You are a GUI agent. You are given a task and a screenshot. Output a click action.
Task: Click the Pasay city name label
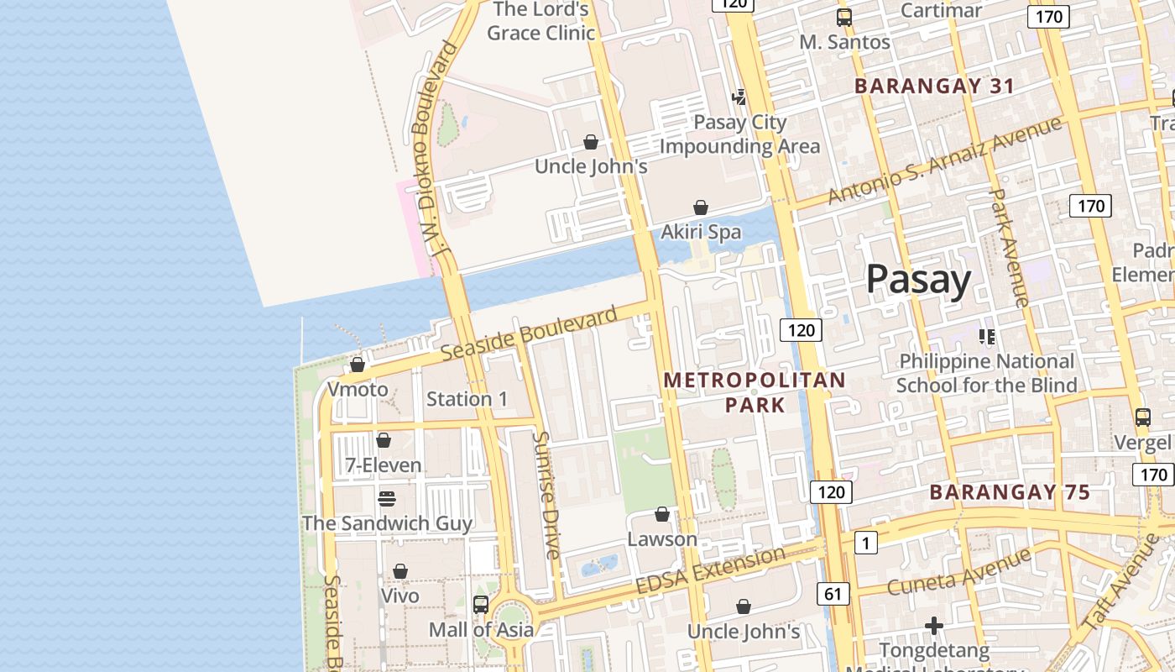pyautogui.click(x=918, y=279)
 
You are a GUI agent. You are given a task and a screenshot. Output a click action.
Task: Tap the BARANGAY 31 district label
pyautogui.click(x=934, y=86)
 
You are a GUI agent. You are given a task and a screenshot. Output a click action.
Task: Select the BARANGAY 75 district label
pyautogui.click(x=1010, y=492)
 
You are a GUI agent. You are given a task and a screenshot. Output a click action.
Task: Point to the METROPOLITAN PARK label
pyautogui.click(x=755, y=392)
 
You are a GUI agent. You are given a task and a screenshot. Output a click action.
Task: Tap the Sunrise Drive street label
pyautogui.click(x=546, y=496)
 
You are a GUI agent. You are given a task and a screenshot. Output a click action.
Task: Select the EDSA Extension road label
pyautogui.click(x=710, y=570)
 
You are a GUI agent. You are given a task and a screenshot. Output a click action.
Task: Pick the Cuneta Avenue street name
pyautogui.click(x=958, y=571)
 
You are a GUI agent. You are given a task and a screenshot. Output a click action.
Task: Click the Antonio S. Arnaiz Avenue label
pyautogui.click(x=944, y=160)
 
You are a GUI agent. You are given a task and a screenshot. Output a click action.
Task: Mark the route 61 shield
pyautogui.click(x=832, y=595)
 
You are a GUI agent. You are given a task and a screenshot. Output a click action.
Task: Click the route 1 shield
pyautogui.click(x=865, y=543)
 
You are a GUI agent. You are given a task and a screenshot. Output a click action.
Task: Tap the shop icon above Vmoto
pyautogui.click(x=358, y=365)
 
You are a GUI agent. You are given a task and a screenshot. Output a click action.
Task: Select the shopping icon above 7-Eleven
pyautogui.click(x=384, y=440)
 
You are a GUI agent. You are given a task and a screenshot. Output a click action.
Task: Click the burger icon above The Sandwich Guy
pyautogui.click(x=387, y=499)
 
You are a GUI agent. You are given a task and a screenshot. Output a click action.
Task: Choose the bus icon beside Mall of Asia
pyautogui.click(x=481, y=604)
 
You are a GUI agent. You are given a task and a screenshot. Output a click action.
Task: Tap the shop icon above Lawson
pyautogui.click(x=662, y=514)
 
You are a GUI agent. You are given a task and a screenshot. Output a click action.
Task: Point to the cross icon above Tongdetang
pyautogui.click(x=933, y=626)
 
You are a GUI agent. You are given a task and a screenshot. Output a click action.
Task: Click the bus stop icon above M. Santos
pyautogui.click(x=844, y=17)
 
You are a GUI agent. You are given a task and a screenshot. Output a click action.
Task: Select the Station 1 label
pyautogui.click(x=467, y=399)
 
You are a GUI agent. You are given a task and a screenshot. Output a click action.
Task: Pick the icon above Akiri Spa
pyautogui.click(x=701, y=207)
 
